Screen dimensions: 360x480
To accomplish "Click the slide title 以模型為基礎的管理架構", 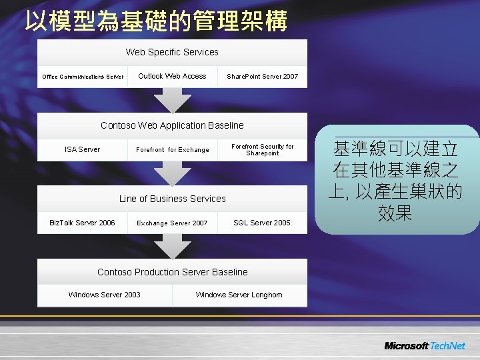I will tap(156, 21).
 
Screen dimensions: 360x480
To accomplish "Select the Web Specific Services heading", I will tap(172, 52).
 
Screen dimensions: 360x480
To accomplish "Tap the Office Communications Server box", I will tap(83, 77).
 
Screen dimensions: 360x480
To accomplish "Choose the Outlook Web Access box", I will tap(172, 76).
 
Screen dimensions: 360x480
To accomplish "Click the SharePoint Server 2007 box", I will tap(262, 77).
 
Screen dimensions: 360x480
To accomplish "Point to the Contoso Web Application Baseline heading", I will tap(172, 125).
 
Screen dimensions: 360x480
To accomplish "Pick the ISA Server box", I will tap(83, 149).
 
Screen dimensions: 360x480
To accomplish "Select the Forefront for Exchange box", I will tap(172, 150).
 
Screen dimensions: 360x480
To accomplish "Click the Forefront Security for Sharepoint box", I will tap(262, 150).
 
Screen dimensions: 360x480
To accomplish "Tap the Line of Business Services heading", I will tap(172, 199).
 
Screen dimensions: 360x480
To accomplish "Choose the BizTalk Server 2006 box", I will tap(83, 223).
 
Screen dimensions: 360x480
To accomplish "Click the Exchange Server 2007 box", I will tap(172, 223).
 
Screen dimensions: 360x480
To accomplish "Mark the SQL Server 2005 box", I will tap(262, 223).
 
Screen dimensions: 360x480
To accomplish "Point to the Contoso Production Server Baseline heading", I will tap(172, 272).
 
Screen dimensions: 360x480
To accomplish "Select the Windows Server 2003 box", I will tap(105, 295).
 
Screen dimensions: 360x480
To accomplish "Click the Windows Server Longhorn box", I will tap(239, 295).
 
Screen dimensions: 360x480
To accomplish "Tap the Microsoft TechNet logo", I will tap(425, 346).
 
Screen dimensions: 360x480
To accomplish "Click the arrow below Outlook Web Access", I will tap(172, 100).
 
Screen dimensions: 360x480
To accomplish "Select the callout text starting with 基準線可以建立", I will tap(397, 181).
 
